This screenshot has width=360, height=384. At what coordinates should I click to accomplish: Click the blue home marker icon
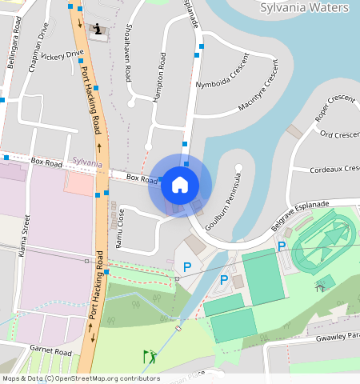coord(180,185)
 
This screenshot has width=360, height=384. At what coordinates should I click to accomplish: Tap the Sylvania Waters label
coord(305,8)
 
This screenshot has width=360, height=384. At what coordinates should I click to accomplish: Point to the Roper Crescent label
coord(334,109)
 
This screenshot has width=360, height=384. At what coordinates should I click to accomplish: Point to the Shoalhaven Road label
coord(128,52)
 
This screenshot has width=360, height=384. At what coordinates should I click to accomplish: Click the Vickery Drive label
coord(64,56)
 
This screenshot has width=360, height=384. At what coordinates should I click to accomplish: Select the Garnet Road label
coord(51,352)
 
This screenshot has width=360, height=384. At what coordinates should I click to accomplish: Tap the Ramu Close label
coord(120,228)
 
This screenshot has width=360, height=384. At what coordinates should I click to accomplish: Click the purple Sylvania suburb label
coord(86,162)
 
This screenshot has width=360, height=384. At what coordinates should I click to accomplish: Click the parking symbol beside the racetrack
coord(282,246)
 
